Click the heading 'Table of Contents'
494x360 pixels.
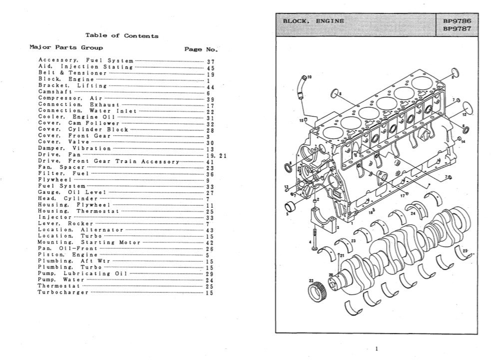[x=122, y=35]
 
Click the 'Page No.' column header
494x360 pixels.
[x=201, y=49]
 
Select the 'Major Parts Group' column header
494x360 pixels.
[x=66, y=48]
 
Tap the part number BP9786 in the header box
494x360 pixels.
[x=457, y=21]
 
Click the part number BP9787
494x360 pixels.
[x=457, y=29]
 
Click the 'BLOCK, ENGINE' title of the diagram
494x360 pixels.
[x=313, y=21]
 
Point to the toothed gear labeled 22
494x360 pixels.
[x=317, y=289]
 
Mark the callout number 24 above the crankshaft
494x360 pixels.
[x=413, y=213]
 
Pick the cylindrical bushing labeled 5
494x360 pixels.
[x=291, y=206]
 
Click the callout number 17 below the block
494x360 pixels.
[x=402, y=195]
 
